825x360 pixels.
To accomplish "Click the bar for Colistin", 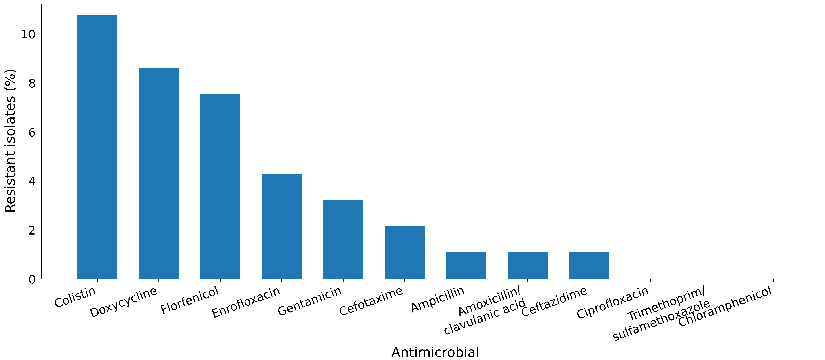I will (x=97, y=147).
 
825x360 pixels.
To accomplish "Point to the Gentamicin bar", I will (x=343, y=239).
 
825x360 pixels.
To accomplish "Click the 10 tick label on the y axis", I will (x=28, y=34).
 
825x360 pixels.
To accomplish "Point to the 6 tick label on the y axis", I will (x=32, y=132).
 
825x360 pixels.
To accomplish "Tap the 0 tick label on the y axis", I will (x=32, y=279).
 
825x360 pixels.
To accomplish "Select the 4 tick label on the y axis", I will (x=32, y=181).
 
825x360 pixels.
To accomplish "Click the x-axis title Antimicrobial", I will (x=435, y=352).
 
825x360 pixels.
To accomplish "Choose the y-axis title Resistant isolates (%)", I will (x=10, y=141).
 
